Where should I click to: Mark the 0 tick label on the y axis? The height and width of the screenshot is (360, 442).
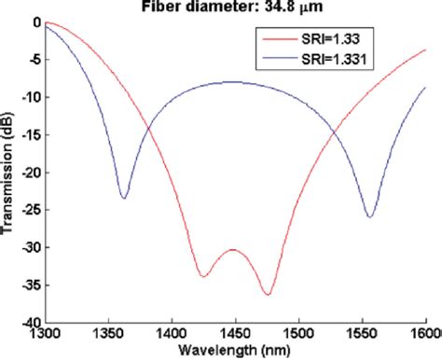click(x=35, y=21)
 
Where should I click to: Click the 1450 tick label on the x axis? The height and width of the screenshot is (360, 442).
click(x=235, y=333)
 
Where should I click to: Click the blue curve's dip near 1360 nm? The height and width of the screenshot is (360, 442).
click(x=123, y=198)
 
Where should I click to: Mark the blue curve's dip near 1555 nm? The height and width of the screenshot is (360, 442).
click(x=370, y=217)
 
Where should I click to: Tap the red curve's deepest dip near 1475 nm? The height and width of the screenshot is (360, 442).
click(x=268, y=295)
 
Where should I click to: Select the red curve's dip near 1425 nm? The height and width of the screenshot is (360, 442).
click(x=202, y=276)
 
